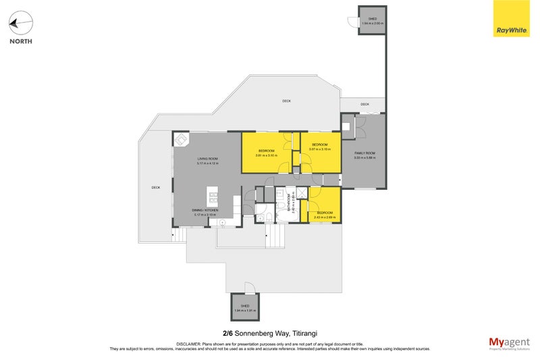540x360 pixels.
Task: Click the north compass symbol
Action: click(x=21, y=24)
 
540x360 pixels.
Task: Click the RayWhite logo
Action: click(x=512, y=18)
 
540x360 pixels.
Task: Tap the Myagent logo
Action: click(x=510, y=343)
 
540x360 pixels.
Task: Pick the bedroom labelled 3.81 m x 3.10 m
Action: click(x=267, y=153)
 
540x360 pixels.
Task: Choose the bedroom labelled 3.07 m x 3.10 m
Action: click(x=319, y=147)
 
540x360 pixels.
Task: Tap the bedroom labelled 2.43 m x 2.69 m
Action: click(x=325, y=215)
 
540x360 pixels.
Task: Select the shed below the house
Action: click(x=245, y=307)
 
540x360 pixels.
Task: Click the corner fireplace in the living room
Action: click(x=181, y=140)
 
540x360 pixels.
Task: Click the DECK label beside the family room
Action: click(x=364, y=104)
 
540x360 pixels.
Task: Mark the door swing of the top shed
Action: click(x=352, y=22)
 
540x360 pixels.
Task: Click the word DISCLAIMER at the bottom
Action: click(x=189, y=343)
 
